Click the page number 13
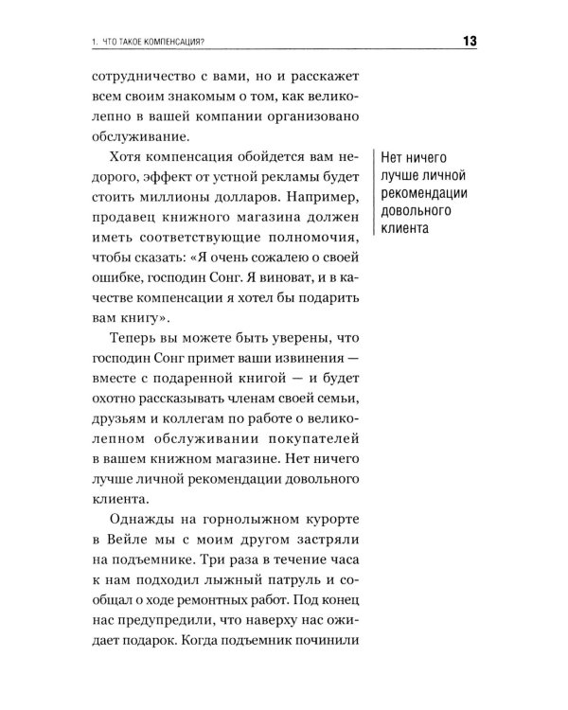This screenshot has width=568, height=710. coord(470,40)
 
